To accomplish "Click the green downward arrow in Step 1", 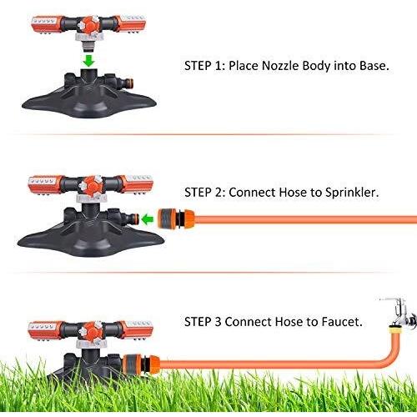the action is pos(89,61).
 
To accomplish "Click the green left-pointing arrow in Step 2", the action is pos(148,219).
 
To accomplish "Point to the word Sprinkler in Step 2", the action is pos(352,193).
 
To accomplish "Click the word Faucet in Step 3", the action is pos(342,322).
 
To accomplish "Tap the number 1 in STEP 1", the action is pos(219,66).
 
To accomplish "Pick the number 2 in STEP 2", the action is pos(219,193).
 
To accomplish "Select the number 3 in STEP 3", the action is pos(218,322).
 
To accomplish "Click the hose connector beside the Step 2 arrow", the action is pos(176,219).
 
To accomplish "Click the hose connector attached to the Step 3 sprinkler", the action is pos(142,364).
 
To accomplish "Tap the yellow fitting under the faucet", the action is pos(395,330).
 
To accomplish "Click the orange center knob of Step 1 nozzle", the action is pos(89,26).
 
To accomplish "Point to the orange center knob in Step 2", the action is pos(90,185).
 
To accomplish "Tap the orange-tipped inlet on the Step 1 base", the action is pos(129,83).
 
